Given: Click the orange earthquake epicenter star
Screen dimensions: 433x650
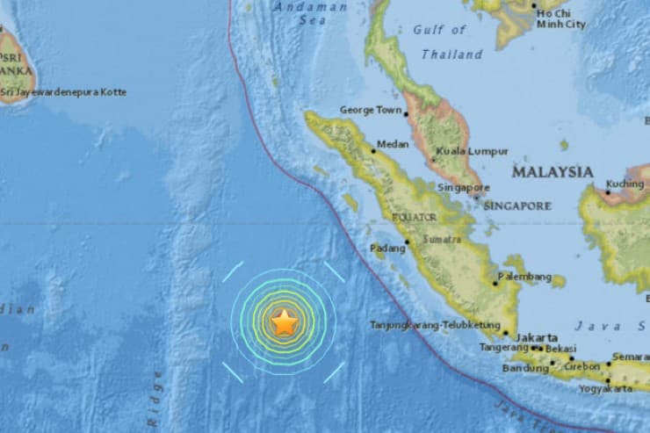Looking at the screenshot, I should [x=284, y=323].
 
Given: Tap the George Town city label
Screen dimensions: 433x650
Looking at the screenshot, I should [x=370, y=112].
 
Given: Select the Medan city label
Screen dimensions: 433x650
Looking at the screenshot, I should [x=392, y=145].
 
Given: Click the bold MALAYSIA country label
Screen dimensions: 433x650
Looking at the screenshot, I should [x=552, y=172].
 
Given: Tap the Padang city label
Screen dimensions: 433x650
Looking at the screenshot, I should [x=387, y=249].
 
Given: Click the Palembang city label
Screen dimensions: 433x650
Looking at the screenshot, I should [x=525, y=277].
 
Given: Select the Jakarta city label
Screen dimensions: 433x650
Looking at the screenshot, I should [x=537, y=337].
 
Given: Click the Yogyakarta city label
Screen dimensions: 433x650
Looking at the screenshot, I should [x=605, y=387].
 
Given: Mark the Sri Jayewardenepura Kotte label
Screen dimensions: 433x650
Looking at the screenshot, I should [x=63, y=92].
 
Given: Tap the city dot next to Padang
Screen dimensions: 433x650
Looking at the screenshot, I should [x=408, y=242].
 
